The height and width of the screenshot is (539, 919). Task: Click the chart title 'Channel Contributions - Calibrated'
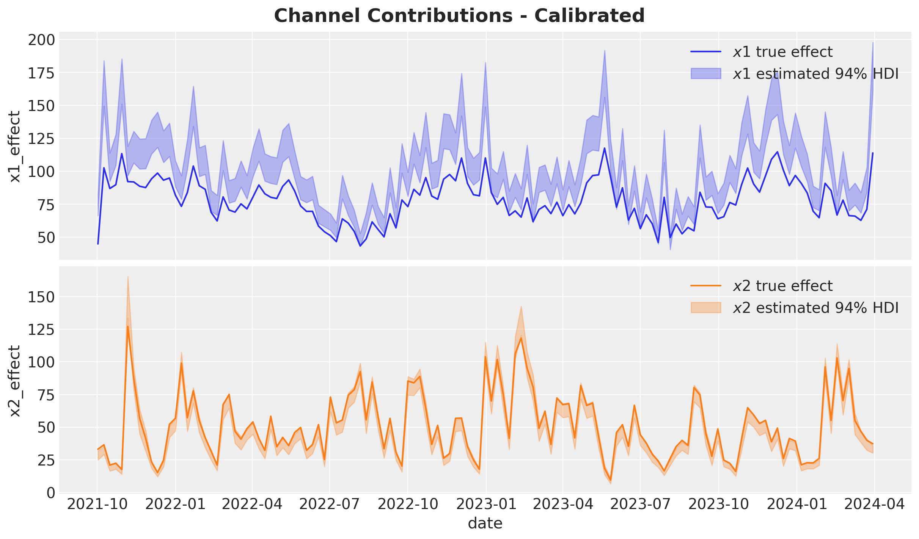pos(459,16)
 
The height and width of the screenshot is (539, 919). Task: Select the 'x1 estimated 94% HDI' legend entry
pos(795,73)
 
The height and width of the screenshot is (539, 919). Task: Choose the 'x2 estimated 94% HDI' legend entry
pos(795,308)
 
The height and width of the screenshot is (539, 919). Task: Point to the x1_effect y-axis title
pos(15,146)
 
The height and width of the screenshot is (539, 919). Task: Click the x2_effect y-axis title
pos(15,381)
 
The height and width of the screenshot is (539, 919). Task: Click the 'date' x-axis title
pos(485,523)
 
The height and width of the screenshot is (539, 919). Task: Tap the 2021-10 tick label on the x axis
pos(97,505)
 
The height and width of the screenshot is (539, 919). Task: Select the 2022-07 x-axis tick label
pos(330,505)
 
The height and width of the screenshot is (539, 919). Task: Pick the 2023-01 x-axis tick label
pos(486,505)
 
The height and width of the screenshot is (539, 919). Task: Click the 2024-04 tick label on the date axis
pos(874,505)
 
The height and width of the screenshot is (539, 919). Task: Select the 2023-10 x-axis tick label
pos(719,505)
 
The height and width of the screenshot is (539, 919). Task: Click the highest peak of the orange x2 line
pos(128,327)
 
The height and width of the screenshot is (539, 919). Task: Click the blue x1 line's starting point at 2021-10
pos(98,244)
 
